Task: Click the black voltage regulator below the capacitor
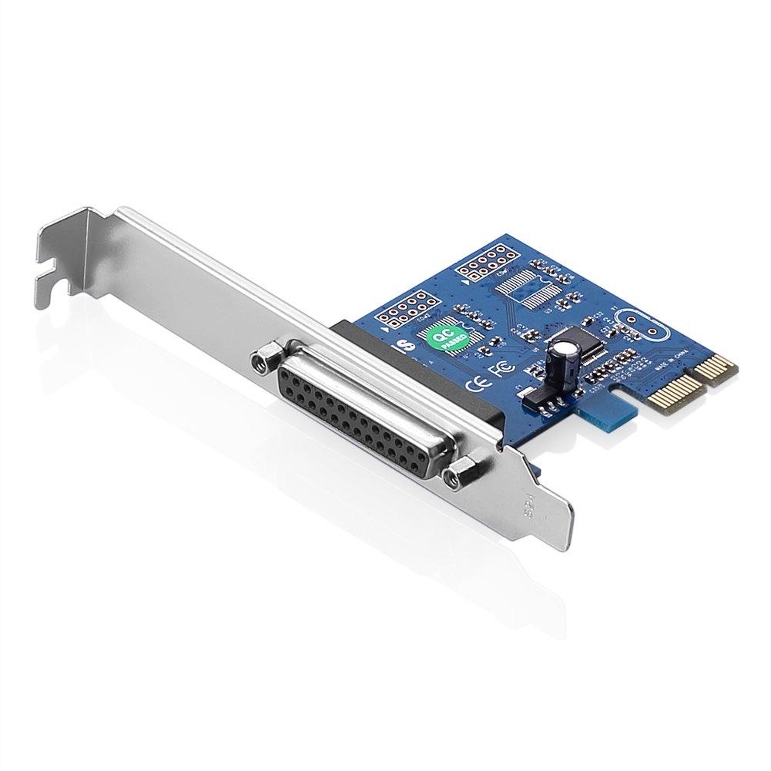click(x=540, y=396)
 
